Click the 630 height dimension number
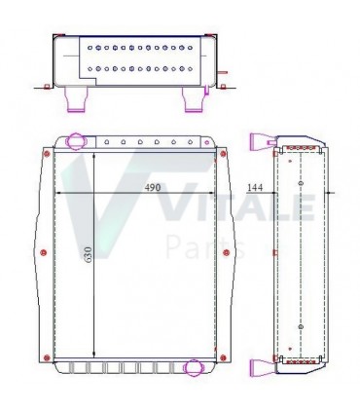(x=88, y=255)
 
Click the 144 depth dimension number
(x=256, y=186)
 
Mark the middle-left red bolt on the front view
(x=46, y=254)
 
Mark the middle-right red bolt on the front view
(x=226, y=254)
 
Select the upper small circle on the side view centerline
(x=301, y=182)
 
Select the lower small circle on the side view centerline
(x=301, y=326)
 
